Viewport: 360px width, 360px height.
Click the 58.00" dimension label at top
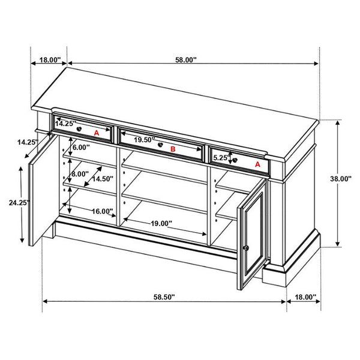pyautogui.click(x=186, y=60)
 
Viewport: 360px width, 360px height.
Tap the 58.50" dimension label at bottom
pyautogui.click(x=164, y=297)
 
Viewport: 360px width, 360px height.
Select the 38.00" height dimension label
pyautogui.click(x=341, y=179)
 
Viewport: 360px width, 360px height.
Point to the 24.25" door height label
pyautogui.click(x=20, y=203)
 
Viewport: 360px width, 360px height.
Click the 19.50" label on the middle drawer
pyautogui.click(x=145, y=140)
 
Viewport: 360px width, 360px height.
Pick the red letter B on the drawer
pyautogui.click(x=173, y=149)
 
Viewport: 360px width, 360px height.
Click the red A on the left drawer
pyautogui.click(x=97, y=133)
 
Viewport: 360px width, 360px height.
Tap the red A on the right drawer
pyautogui.click(x=257, y=164)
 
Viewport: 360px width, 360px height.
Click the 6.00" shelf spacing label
pyautogui.click(x=81, y=147)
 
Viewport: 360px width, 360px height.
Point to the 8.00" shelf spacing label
pyautogui.click(x=80, y=174)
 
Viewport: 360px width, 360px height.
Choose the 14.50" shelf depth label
pyautogui.click(x=103, y=179)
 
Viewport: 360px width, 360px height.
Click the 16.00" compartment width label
pyautogui.click(x=103, y=211)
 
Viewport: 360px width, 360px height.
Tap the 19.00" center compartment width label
pyautogui.click(x=161, y=223)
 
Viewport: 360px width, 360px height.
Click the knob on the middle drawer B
pyautogui.click(x=160, y=145)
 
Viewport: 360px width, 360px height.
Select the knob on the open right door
pyautogui.click(x=246, y=248)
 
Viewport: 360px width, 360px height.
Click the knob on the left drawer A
pyautogui.click(x=79, y=129)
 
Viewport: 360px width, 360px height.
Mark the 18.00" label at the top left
pyautogui.click(x=50, y=60)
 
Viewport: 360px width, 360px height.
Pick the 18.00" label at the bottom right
pyautogui.click(x=305, y=297)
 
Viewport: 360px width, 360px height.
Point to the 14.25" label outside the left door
pyautogui.click(x=28, y=142)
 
